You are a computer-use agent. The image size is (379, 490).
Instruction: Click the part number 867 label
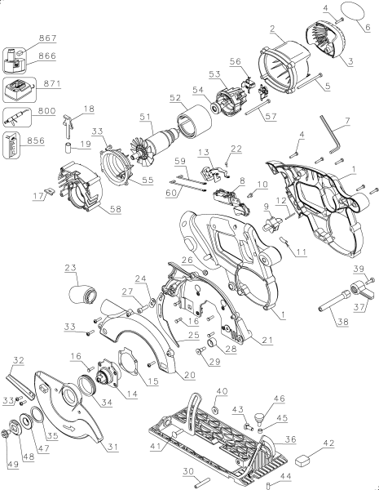pos(48,38)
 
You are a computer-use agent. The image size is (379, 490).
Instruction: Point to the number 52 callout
pos(175,98)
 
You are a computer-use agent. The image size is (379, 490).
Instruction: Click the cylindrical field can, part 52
pos(193,121)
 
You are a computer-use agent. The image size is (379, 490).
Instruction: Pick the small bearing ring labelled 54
pos(215,108)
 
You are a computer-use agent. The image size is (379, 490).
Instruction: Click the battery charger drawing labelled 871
pos(20,90)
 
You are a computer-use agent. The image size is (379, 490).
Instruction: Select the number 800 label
pos(46,111)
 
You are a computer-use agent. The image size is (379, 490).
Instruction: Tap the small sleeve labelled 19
pos(68,148)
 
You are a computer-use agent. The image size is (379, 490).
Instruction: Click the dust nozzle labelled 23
pos(82,294)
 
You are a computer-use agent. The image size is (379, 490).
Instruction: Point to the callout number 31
pos(113,447)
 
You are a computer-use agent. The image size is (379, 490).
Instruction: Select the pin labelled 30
pos(202,482)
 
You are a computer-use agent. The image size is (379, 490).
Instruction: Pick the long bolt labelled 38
pos(333,300)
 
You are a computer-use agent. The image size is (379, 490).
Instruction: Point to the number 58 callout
pos(116,209)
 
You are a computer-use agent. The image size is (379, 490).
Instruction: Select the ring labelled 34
pos(87,385)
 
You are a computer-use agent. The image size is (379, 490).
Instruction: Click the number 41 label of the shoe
pos(156,446)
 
